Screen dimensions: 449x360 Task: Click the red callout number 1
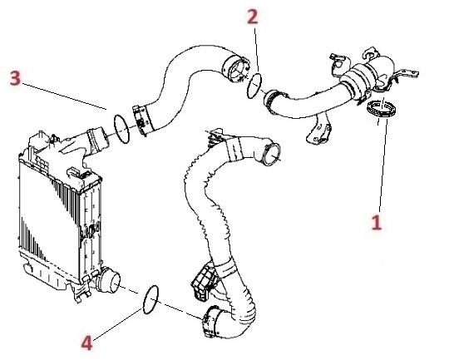[x=377, y=223]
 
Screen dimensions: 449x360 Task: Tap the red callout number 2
[x=253, y=17]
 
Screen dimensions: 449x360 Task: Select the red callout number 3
[x=15, y=78]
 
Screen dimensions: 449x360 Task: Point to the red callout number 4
[x=86, y=343]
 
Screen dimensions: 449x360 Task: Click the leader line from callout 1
[x=383, y=165]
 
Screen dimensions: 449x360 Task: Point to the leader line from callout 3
[x=64, y=96]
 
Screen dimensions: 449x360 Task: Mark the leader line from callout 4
[x=117, y=324]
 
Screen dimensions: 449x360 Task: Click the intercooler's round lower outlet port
[x=110, y=280]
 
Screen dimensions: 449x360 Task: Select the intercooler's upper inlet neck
[x=97, y=141]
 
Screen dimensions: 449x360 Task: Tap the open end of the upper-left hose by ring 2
[x=235, y=68]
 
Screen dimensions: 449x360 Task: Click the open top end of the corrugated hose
[x=270, y=155]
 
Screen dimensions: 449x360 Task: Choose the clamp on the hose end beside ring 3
[x=141, y=121]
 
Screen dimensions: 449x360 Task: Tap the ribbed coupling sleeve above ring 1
[x=357, y=81]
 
